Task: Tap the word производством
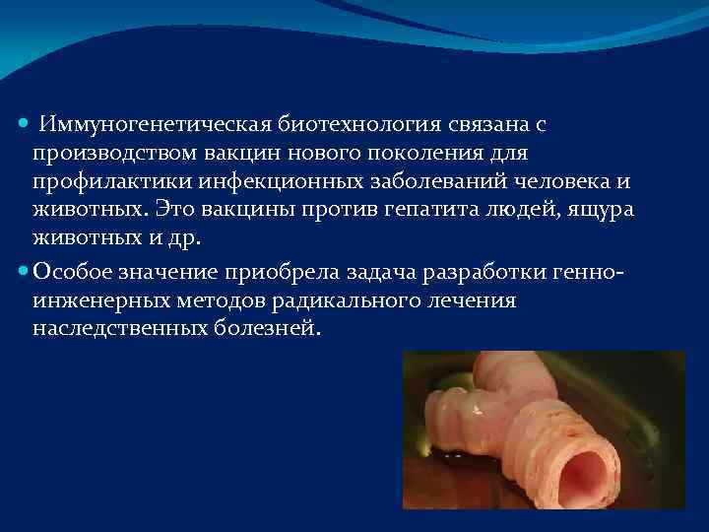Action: [x=115, y=154]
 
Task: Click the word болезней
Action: [x=267, y=327]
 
